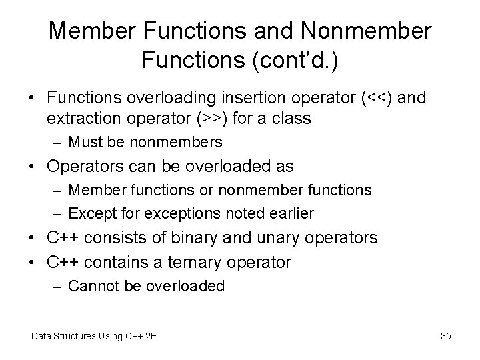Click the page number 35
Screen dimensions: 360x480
tap(446, 336)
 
